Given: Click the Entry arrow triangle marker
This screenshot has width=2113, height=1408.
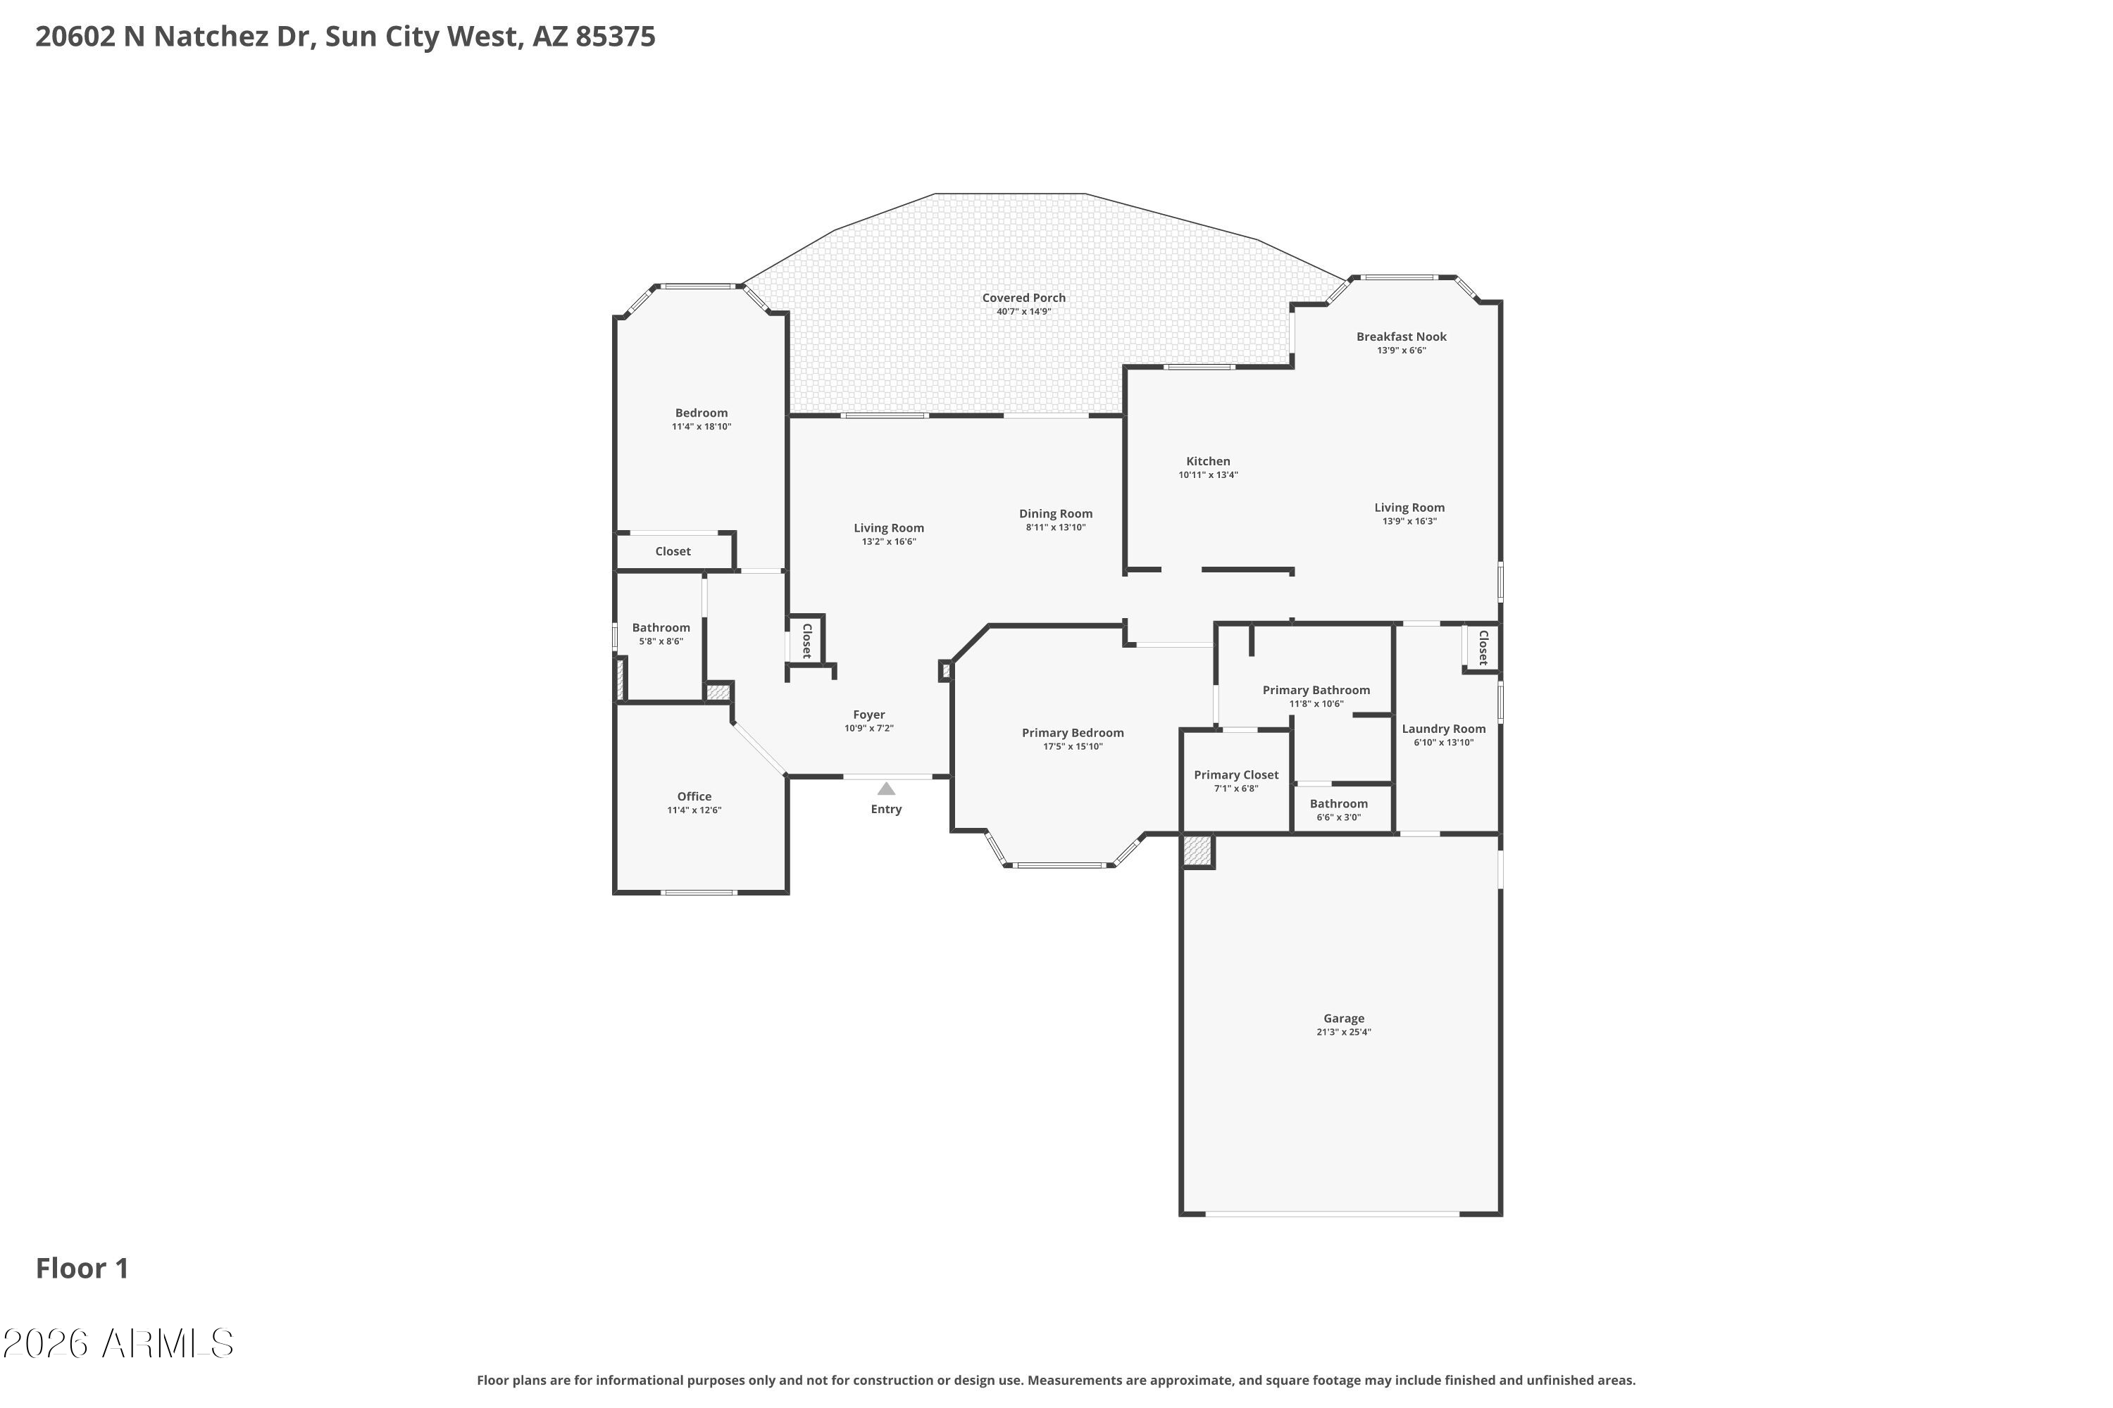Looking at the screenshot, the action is (886, 788).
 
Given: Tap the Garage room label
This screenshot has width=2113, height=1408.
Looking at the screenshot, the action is (1343, 1018).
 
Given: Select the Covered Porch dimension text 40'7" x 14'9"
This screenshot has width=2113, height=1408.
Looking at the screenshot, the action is (1023, 312).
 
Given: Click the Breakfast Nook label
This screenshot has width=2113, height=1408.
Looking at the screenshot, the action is (1402, 337).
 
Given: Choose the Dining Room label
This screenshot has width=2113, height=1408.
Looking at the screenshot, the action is (1056, 514).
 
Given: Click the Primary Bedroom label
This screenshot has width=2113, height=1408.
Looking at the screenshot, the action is (1073, 733).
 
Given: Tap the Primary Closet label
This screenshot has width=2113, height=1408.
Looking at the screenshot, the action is (1236, 775).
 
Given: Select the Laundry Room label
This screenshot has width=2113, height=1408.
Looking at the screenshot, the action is (1444, 729).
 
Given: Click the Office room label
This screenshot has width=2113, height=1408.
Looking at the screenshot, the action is (694, 796).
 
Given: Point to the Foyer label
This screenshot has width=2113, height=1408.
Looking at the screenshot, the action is (868, 715).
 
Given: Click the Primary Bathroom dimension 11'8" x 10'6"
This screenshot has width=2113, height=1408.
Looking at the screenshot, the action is (1316, 704).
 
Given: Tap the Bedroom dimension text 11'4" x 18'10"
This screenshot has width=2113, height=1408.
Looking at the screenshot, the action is (702, 427).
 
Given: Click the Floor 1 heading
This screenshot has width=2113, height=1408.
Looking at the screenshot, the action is (82, 1268).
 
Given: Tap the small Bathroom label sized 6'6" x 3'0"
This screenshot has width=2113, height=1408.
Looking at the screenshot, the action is (1339, 804).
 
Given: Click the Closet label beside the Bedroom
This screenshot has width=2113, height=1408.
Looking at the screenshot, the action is (673, 551).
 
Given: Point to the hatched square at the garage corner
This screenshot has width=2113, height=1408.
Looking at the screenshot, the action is (1197, 850).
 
